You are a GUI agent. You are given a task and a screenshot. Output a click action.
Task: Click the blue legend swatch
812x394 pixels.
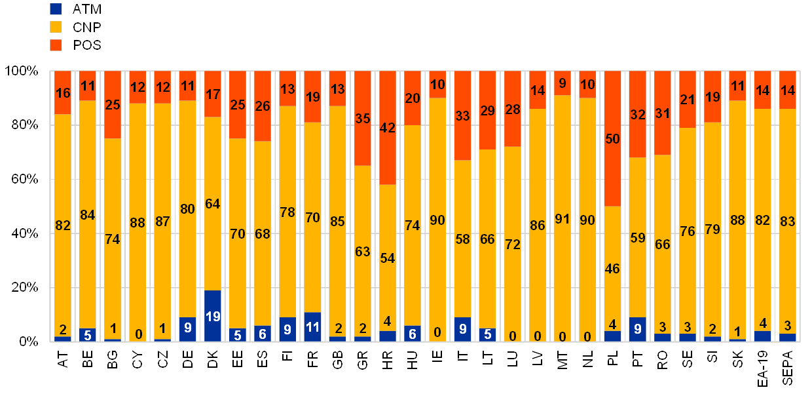coord(56,9)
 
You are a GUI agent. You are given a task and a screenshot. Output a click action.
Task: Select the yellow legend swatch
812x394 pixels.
coord(56,27)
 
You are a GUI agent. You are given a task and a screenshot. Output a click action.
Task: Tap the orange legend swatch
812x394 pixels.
coord(56,45)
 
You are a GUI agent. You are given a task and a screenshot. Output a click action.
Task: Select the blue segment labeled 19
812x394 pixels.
coord(213,315)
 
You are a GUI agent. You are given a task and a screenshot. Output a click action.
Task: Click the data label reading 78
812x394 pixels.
coord(287,212)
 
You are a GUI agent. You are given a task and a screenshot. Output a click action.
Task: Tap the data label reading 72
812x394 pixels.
coord(512,245)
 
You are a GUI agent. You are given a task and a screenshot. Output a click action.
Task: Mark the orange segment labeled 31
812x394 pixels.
coord(662,113)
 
